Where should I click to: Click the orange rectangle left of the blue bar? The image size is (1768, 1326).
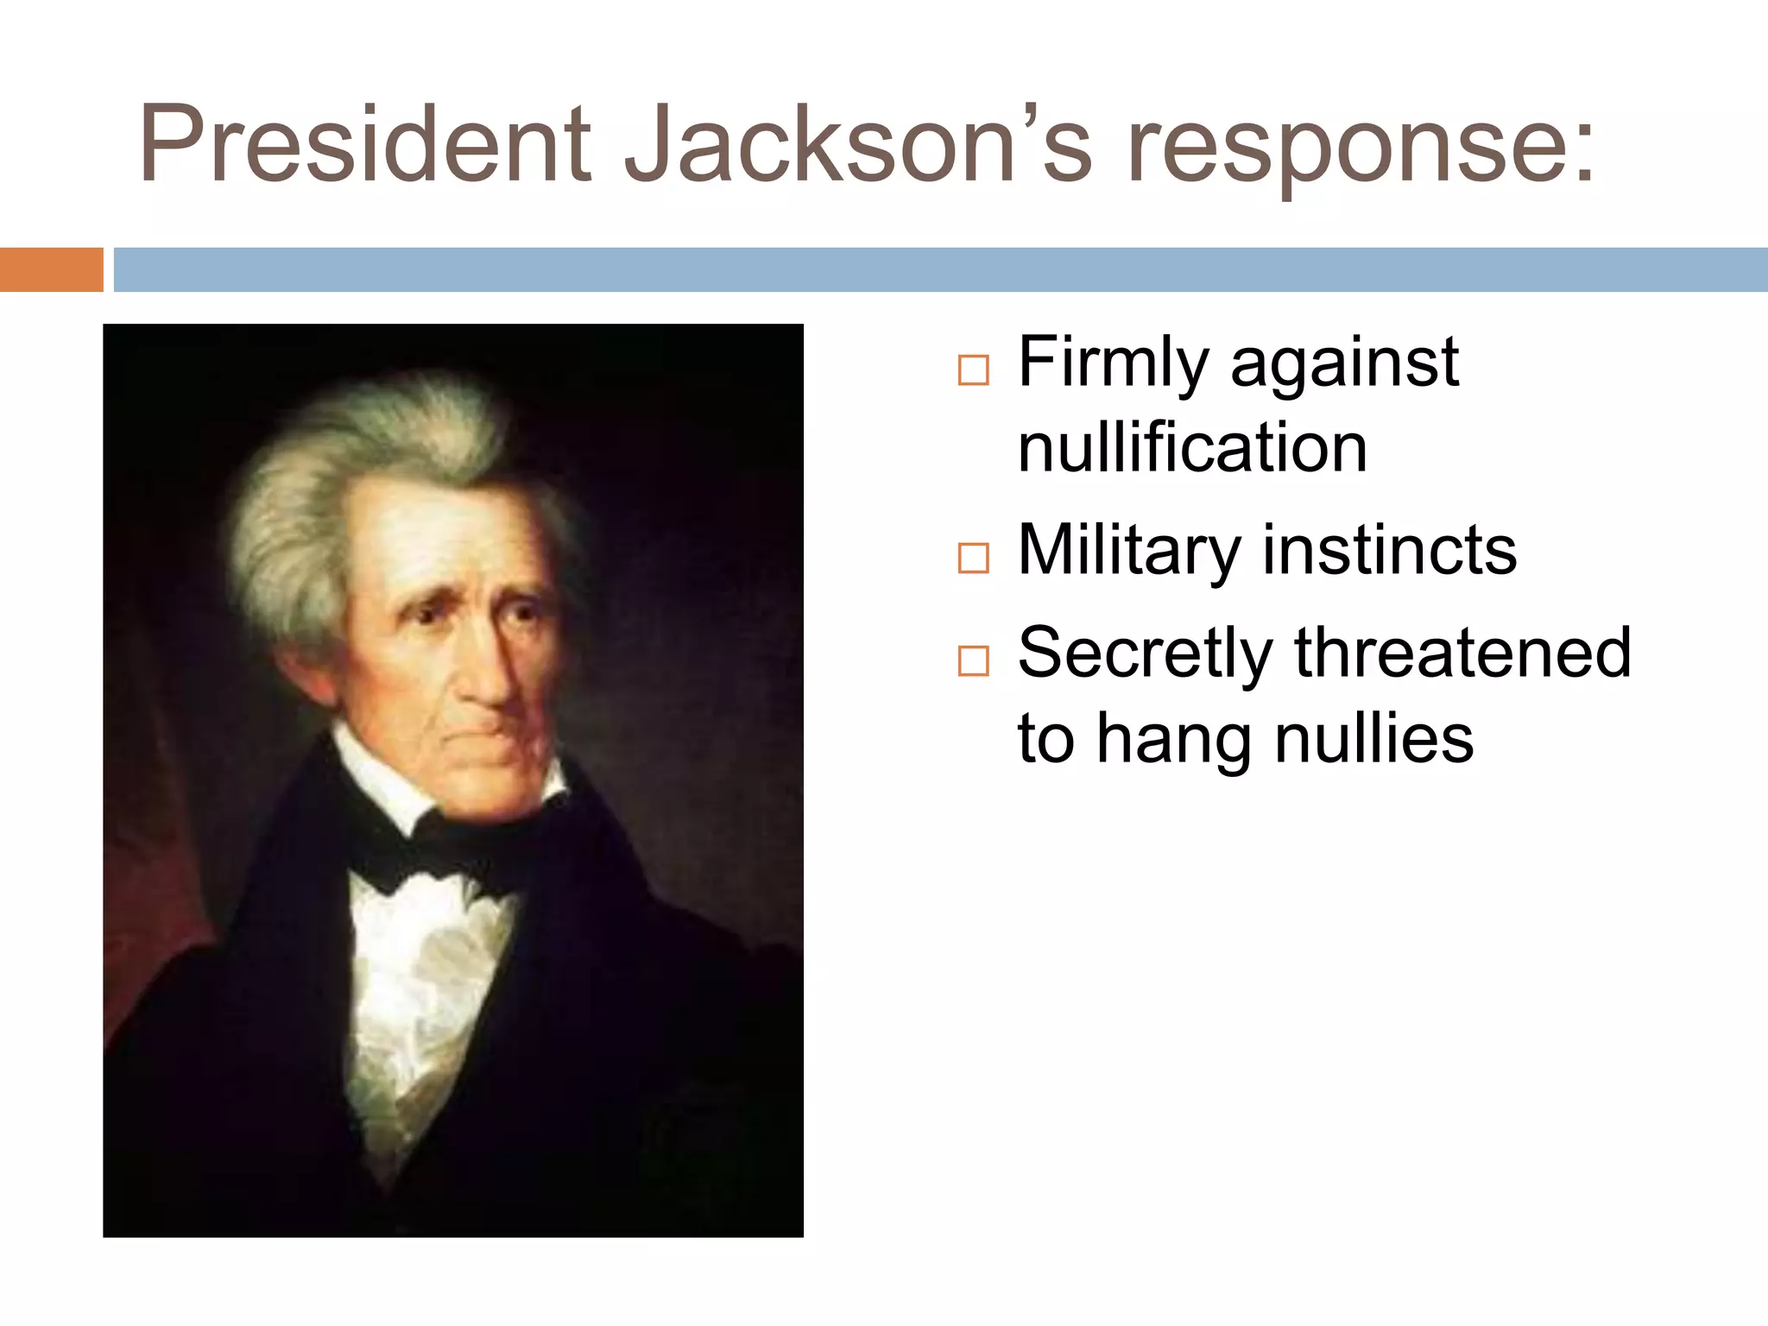(51, 269)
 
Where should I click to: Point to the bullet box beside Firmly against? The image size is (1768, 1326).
(973, 371)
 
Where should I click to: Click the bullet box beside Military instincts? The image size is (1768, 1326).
(973, 559)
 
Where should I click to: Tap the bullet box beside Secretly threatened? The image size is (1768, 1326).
(973, 661)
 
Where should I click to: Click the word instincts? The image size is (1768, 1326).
(1389, 550)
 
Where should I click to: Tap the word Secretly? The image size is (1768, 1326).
(1144, 654)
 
